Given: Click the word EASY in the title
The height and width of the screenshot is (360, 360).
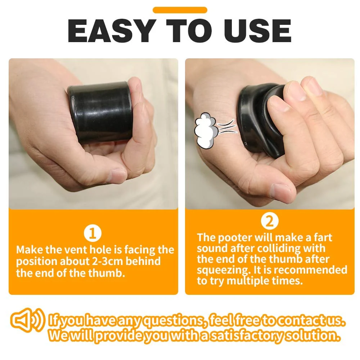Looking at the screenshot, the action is click(111, 31).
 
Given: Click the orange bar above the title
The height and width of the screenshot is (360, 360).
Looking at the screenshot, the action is click(180, 10).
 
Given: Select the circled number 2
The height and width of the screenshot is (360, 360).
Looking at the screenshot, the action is click(270, 221).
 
